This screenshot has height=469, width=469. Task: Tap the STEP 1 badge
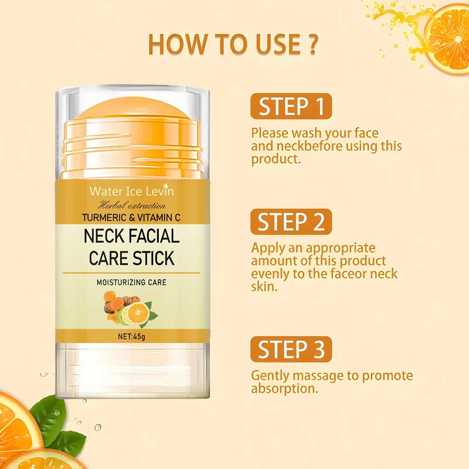(x=291, y=107)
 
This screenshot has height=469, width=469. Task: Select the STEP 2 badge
(x=291, y=222)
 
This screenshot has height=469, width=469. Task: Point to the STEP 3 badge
(x=291, y=349)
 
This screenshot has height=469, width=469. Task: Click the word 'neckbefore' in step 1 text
(x=305, y=146)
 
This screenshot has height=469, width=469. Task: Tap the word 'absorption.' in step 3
(x=284, y=389)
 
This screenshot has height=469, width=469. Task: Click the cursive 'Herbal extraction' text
(x=131, y=205)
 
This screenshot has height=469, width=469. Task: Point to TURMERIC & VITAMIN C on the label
(x=131, y=217)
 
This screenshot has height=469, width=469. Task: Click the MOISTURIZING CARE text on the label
(x=131, y=283)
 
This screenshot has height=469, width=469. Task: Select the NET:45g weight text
(x=131, y=338)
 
